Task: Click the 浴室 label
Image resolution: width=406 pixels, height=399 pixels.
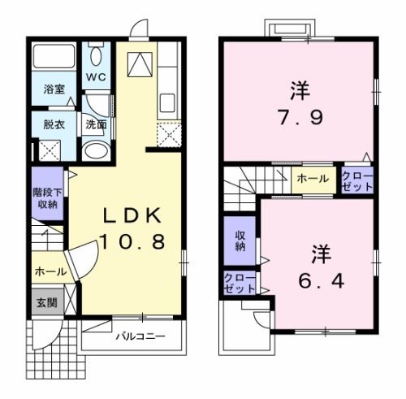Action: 54,90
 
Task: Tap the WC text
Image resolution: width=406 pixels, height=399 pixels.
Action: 97,78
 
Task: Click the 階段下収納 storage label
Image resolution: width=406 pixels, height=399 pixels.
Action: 46,199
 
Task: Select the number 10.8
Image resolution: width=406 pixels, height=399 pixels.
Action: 132,241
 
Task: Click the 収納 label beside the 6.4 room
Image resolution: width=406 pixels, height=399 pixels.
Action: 240,241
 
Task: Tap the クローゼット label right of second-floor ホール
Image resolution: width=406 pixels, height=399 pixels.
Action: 357,180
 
